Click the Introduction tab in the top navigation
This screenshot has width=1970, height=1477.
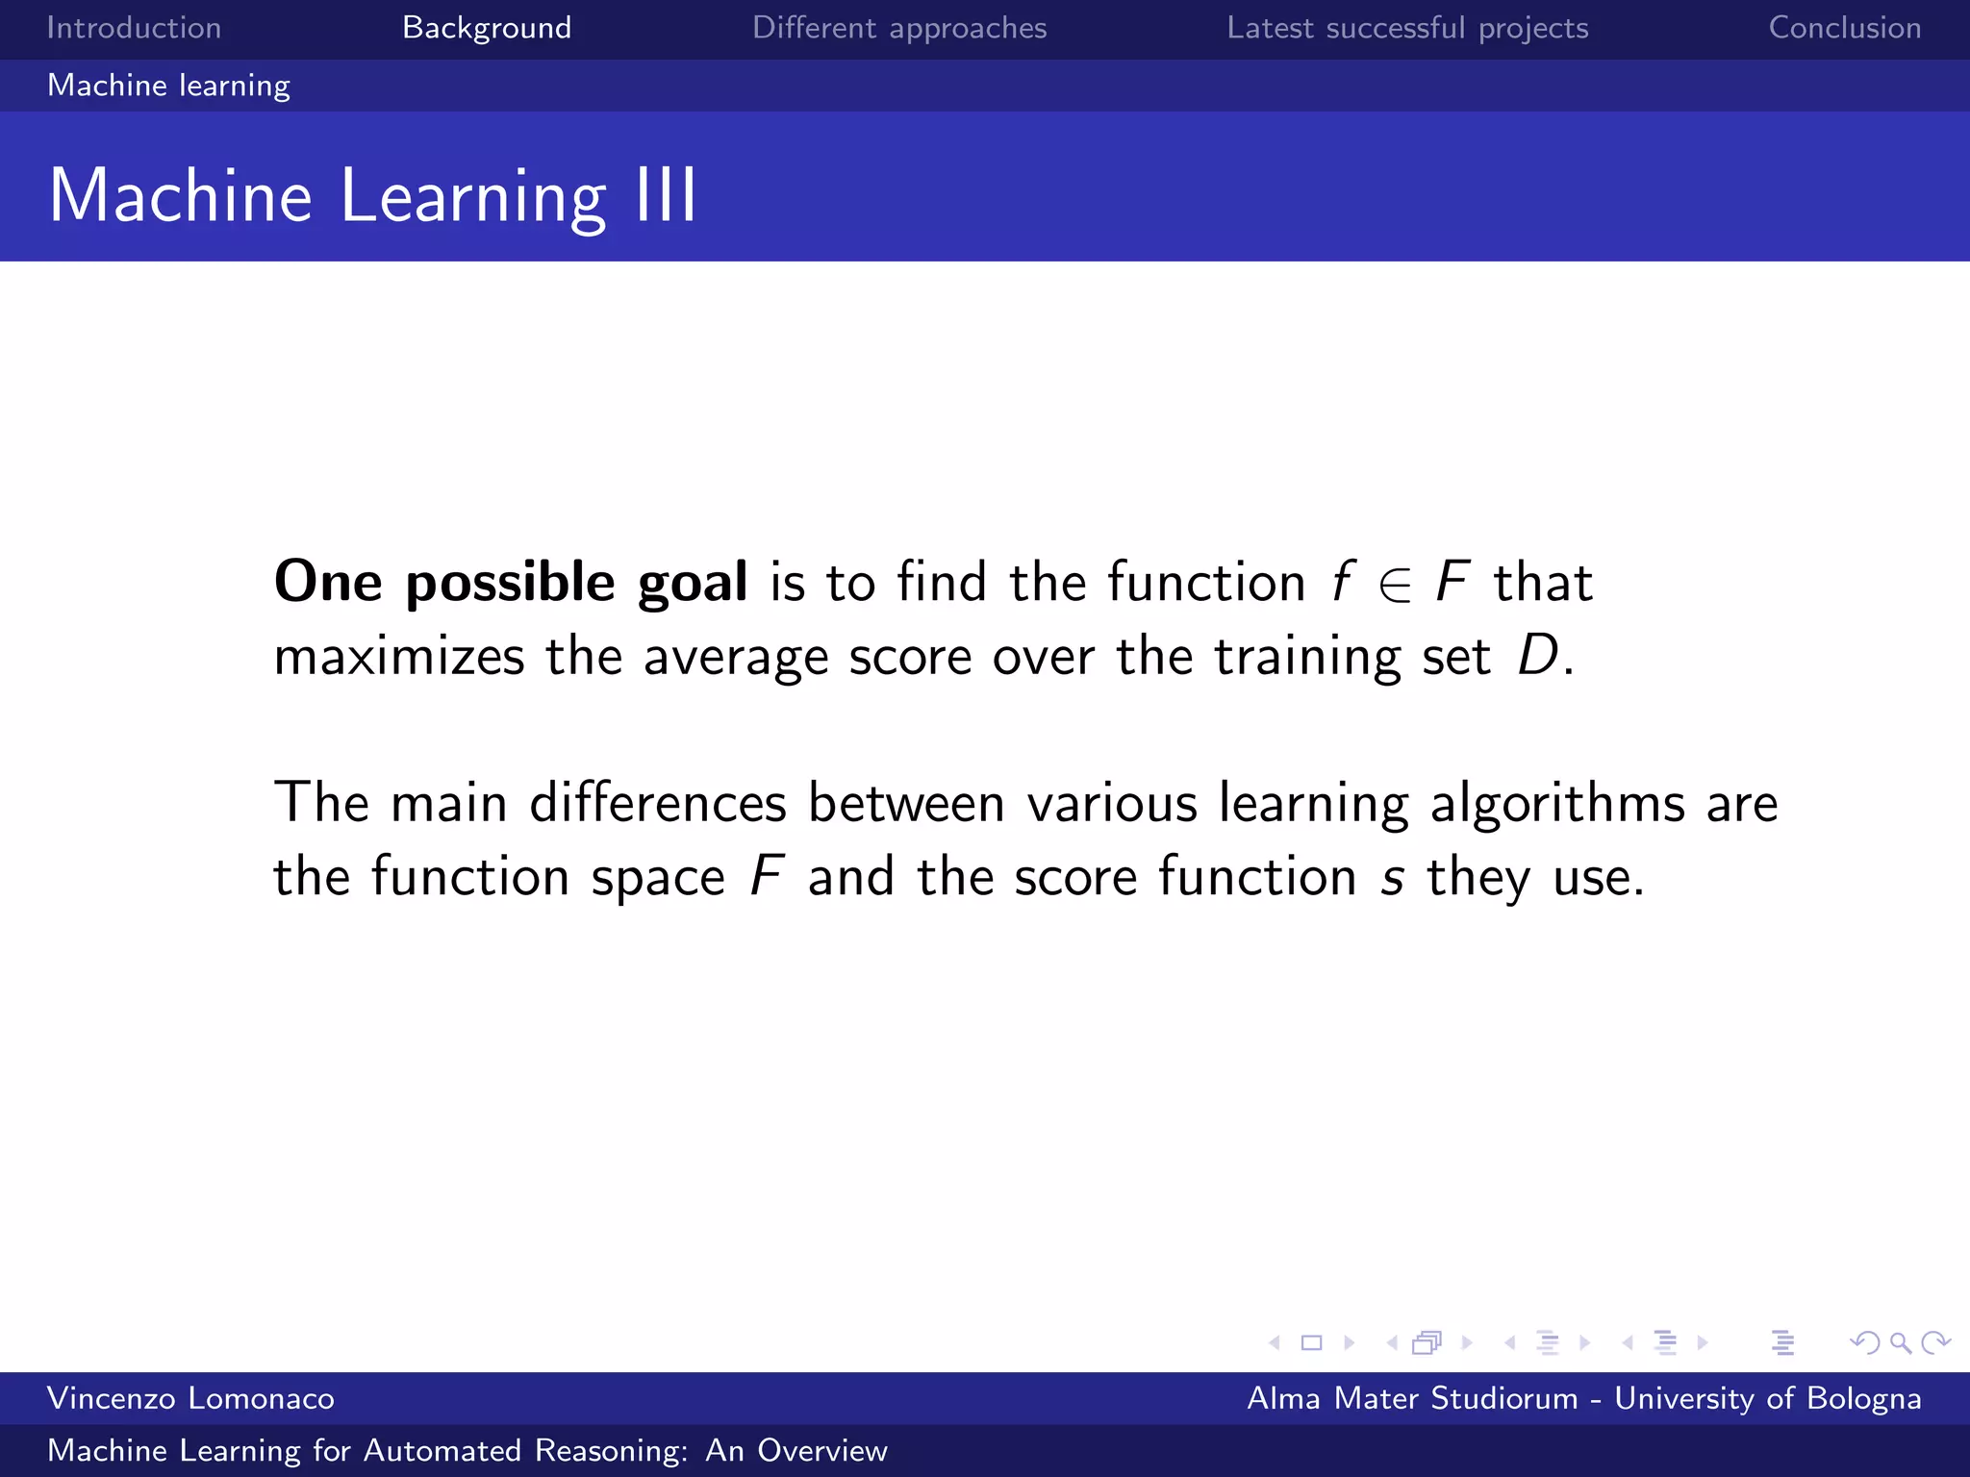coord(134,28)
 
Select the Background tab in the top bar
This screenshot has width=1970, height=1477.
coord(487,28)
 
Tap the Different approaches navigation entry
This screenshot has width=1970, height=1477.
coord(899,28)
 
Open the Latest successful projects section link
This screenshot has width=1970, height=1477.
coord(1407,28)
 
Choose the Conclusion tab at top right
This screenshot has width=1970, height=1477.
coord(1844,28)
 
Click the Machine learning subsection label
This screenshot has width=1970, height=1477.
coord(168,86)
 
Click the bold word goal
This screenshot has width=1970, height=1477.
coord(693,583)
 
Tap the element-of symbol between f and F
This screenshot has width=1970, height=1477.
coord(1395,584)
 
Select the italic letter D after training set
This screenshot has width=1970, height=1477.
coord(1536,656)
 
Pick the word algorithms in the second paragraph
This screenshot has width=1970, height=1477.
coord(1557,803)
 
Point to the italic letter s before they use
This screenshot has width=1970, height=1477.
coord(1392,877)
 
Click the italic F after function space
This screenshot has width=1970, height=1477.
coord(767,876)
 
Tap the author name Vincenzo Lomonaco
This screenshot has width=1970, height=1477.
coord(190,1398)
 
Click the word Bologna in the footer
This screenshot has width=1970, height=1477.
coord(1863,1398)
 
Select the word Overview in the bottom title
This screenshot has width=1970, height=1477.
coord(822,1450)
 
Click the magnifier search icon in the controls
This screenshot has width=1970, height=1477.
coord(1900,1342)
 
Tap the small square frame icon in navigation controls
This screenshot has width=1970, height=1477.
coord(1311,1342)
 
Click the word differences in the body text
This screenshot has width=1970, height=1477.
coord(658,803)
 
